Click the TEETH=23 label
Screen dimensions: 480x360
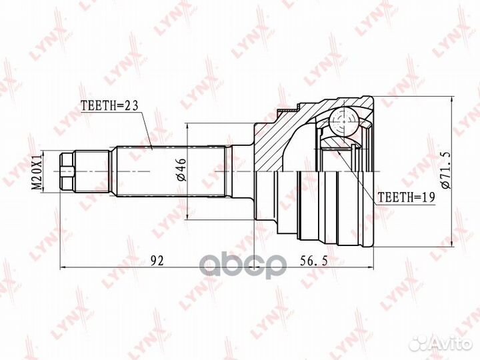[109, 105]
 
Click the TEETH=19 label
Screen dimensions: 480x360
[406, 197]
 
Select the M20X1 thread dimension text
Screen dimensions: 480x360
[37, 171]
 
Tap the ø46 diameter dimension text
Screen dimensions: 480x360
[181, 170]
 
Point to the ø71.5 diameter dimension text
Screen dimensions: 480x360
[445, 171]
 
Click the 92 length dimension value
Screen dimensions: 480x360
[157, 261]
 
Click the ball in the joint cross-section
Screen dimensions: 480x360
[344, 121]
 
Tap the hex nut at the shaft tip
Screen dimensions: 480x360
[67, 171]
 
